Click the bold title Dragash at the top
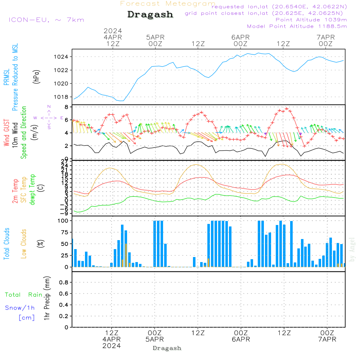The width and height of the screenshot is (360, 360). pos(150,14)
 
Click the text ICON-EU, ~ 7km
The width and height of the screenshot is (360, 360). pos(46,20)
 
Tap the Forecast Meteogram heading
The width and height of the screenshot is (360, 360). pos(168,4)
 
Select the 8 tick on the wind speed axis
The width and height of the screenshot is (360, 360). pos(66,107)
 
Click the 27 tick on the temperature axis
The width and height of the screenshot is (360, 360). pos(65,161)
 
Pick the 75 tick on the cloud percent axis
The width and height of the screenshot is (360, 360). pos(64,232)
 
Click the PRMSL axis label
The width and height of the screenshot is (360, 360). pos(6,77)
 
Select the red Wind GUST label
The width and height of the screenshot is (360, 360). pos(6,133)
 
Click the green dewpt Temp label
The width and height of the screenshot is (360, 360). pos(32,190)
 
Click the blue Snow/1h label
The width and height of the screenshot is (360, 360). pos(20,308)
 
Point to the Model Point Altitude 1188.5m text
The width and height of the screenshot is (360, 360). pos(297,26)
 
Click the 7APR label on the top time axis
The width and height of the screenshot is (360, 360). pos(325,37)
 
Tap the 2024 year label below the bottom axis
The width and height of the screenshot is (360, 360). pos(112,346)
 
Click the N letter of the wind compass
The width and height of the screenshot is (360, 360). pos(49,107)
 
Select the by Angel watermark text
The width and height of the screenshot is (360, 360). pos(352,249)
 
